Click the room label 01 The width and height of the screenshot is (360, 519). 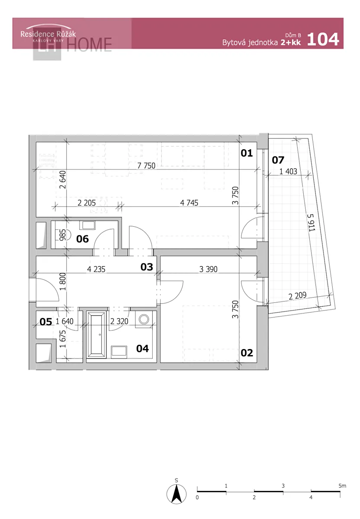(246, 153)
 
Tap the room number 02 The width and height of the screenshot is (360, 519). (246, 353)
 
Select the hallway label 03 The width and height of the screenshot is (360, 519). (147, 267)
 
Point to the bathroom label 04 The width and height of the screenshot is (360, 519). (142, 349)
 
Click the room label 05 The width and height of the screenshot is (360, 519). (46, 322)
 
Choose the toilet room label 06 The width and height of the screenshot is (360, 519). (82, 239)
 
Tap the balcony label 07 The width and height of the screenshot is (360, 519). (278, 160)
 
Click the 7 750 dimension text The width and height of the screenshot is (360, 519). (146, 166)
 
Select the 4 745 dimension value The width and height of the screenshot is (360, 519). (189, 203)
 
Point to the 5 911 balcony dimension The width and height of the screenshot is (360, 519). (311, 222)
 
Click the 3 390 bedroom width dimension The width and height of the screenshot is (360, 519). (208, 269)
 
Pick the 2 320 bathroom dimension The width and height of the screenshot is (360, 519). (119, 321)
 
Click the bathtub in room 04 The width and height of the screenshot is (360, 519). (96, 335)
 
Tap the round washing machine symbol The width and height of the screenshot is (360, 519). (144, 319)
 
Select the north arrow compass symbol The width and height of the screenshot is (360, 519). (177, 494)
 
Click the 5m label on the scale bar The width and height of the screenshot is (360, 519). (342, 484)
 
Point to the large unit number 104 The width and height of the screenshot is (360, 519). (323, 39)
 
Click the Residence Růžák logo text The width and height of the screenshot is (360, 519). (48, 34)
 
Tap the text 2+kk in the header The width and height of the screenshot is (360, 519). (291, 42)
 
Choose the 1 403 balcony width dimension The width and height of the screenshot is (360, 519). (288, 171)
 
